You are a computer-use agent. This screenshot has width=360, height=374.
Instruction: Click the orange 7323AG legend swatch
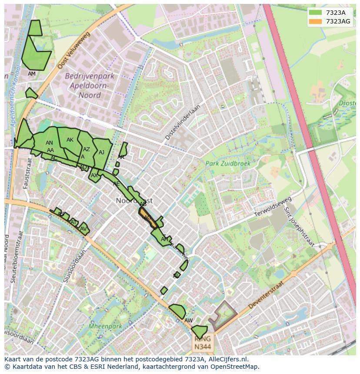click(x=316, y=21)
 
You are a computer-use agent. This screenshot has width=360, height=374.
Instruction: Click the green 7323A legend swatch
click(x=316, y=13)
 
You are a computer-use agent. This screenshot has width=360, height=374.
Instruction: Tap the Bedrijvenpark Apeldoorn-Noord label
click(x=90, y=86)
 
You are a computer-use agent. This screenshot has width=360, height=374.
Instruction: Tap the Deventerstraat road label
click(x=266, y=296)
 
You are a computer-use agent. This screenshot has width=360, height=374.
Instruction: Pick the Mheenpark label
click(x=104, y=325)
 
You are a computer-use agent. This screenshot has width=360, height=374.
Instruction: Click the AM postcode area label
click(x=32, y=74)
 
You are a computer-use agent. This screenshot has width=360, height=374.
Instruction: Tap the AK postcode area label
click(x=70, y=140)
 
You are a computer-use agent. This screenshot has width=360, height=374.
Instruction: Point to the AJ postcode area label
click(x=101, y=152)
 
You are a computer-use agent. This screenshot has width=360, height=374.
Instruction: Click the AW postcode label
click(x=188, y=321)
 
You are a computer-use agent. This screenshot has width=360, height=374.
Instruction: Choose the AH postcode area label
click(x=164, y=239)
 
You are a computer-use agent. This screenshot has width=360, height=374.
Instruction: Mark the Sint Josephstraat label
click(x=299, y=226)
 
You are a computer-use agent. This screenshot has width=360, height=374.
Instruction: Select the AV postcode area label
click(x=83, y=229)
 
